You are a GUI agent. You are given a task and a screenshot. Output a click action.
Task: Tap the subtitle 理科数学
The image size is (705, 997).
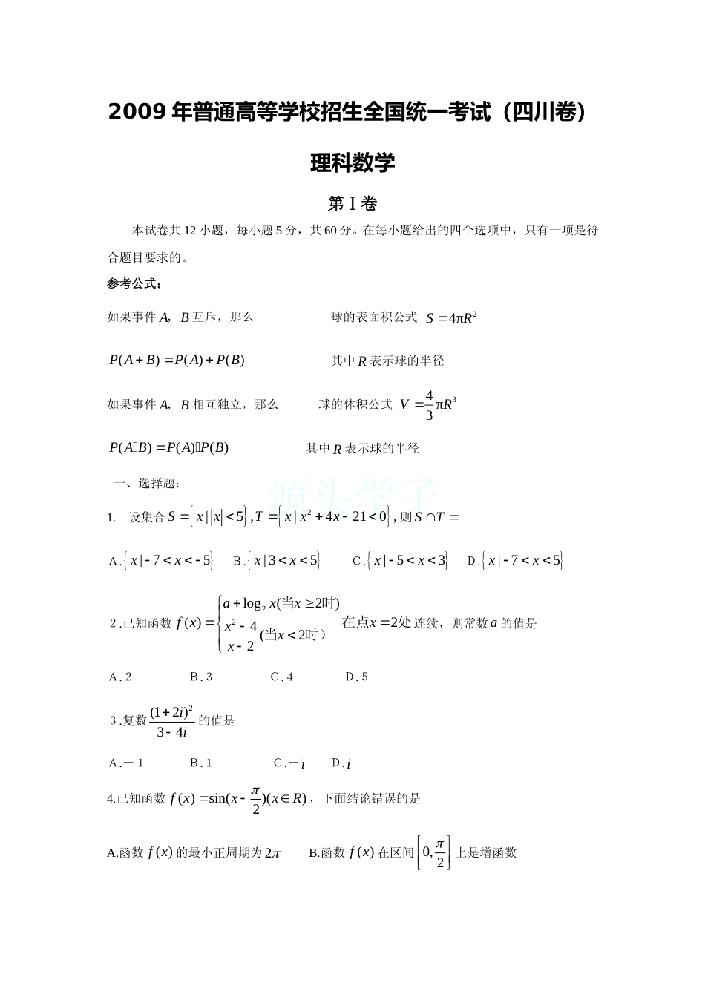352,162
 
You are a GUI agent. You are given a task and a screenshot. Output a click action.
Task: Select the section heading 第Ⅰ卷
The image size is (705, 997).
352,203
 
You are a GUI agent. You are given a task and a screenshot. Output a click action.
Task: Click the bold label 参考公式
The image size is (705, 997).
134,283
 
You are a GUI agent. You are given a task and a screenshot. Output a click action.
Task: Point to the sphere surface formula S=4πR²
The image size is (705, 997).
451,318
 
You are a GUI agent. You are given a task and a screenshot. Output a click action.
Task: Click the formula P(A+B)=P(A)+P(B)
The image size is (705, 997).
177,361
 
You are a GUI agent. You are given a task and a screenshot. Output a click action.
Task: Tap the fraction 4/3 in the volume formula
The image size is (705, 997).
429,405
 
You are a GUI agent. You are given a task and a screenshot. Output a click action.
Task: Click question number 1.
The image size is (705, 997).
111,518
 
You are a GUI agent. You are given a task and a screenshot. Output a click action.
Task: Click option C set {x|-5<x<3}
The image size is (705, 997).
401,561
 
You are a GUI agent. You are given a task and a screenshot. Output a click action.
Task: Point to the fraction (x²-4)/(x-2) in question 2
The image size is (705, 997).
240,636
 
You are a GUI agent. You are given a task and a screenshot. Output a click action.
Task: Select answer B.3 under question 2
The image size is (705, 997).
201,677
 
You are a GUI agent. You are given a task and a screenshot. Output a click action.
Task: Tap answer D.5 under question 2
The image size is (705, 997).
357,677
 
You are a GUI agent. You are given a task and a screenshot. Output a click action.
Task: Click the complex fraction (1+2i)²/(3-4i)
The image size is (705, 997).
171,722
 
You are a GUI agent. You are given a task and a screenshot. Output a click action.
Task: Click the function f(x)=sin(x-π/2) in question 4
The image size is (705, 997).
238,800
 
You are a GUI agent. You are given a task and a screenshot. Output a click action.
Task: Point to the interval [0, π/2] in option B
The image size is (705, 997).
433,853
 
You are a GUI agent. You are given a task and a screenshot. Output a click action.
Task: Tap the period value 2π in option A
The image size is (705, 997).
272,854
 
